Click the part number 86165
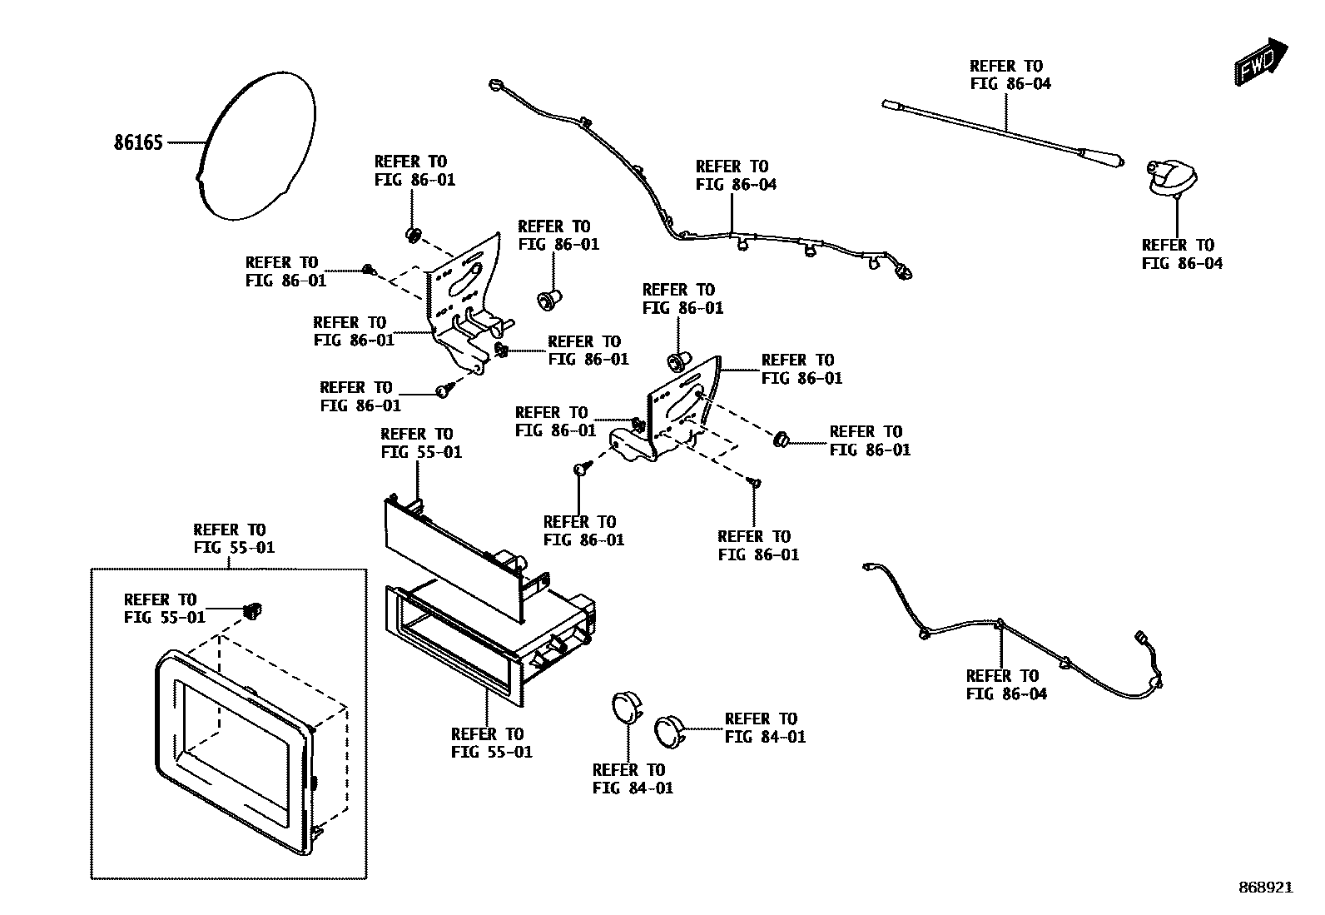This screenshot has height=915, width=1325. pyautogui.click(x=138, y=142)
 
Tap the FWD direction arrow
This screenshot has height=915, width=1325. pyautogui.click(x=1261, y=62)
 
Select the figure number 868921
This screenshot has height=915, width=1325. pyautogui.click(x=1265, y=888)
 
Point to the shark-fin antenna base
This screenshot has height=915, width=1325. pyautogui.click(x=1173, y=179)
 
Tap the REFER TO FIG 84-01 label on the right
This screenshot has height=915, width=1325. pyautogui.click(x=765, y=728)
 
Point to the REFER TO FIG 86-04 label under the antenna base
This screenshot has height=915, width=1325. pyautogui.click(x=1182, y=254)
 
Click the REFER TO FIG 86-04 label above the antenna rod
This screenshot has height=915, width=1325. pyautogui.click(x=1010, y=74)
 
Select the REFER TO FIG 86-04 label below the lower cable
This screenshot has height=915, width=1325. pyautogui.click(x=1006, y=684)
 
